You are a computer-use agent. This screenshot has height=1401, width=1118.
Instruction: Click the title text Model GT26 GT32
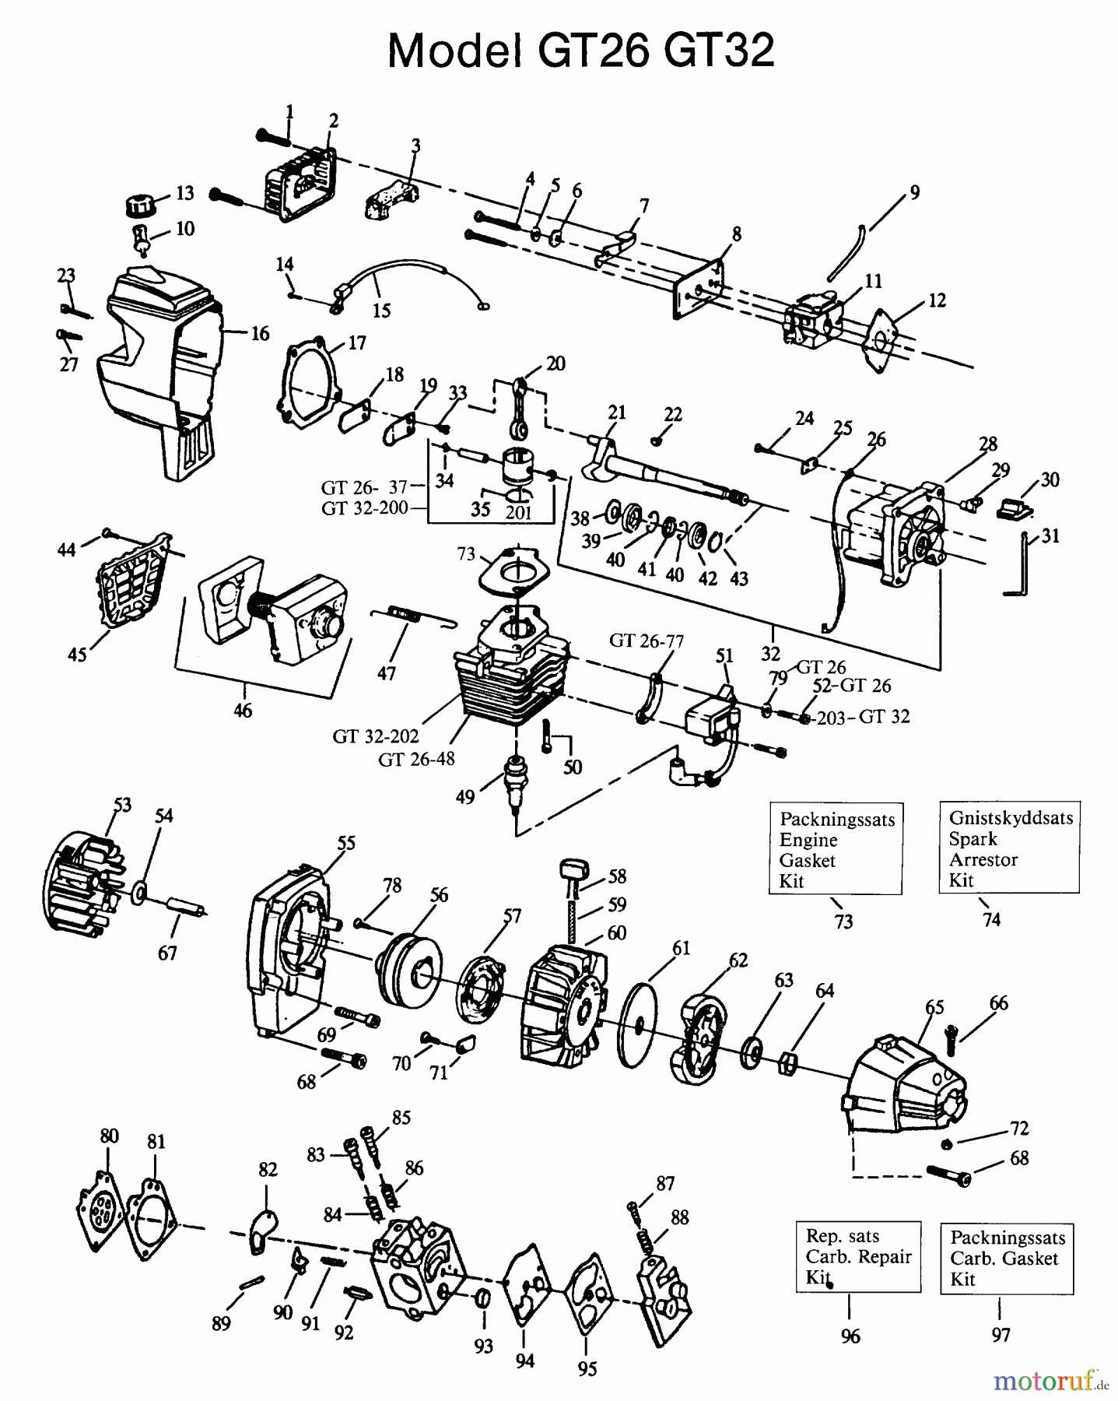580,51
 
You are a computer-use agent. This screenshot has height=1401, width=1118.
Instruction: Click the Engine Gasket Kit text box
836,849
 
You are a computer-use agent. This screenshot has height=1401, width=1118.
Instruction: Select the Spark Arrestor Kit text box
1009,848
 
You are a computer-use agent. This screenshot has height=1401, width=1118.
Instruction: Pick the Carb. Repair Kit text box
857,1256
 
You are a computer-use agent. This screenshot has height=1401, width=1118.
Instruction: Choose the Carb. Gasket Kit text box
1006,1259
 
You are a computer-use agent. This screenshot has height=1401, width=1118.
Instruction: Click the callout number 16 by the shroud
260,334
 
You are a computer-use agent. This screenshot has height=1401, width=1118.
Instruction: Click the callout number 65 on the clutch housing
934,1007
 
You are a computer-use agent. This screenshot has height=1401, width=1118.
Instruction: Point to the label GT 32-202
376,736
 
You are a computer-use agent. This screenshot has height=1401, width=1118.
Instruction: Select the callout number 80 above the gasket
110,1136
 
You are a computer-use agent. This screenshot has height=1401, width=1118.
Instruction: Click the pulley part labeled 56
408,972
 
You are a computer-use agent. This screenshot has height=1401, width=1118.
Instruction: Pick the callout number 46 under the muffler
243,710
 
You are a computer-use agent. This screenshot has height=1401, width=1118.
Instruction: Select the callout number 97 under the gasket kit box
1001,1336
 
